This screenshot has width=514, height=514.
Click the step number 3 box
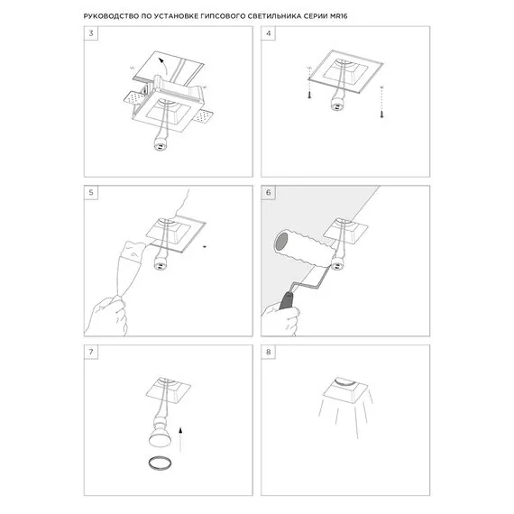coord(89,33)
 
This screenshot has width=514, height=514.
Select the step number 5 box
coord(89,193)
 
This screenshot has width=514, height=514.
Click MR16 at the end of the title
coord(423,16)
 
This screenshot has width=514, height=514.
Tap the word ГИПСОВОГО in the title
coord(279,16)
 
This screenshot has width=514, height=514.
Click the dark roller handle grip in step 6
coord(288,298)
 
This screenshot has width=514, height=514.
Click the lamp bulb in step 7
coord(157,440)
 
